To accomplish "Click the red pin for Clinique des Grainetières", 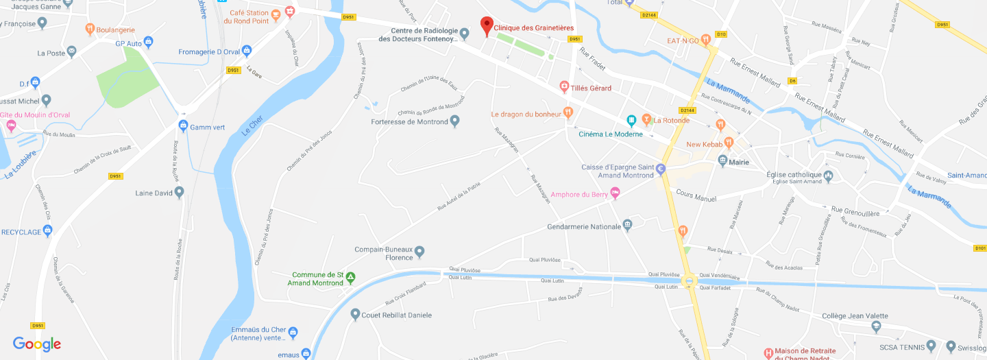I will [x=487, y=25].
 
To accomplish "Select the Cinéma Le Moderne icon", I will [x=632, y=121].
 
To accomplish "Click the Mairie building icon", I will [x=722, y=160].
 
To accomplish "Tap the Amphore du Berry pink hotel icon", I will [x=615, y=194].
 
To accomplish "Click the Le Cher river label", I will [x=252, y=126].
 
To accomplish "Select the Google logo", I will [x=37, y=344].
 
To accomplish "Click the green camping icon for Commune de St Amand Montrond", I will [x=350, y=278].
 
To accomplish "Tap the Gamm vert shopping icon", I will [x=183, y=126].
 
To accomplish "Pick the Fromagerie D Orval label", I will [x=209, y=51].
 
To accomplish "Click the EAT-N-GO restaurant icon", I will [x=706, y=40].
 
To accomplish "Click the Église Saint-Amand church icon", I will [x=828, y=176].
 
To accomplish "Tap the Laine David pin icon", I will [x=180, y=193].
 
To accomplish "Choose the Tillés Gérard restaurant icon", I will [x=564, y=86].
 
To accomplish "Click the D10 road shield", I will [x=720, y=34].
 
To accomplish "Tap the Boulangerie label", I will [x=116, y=30].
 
